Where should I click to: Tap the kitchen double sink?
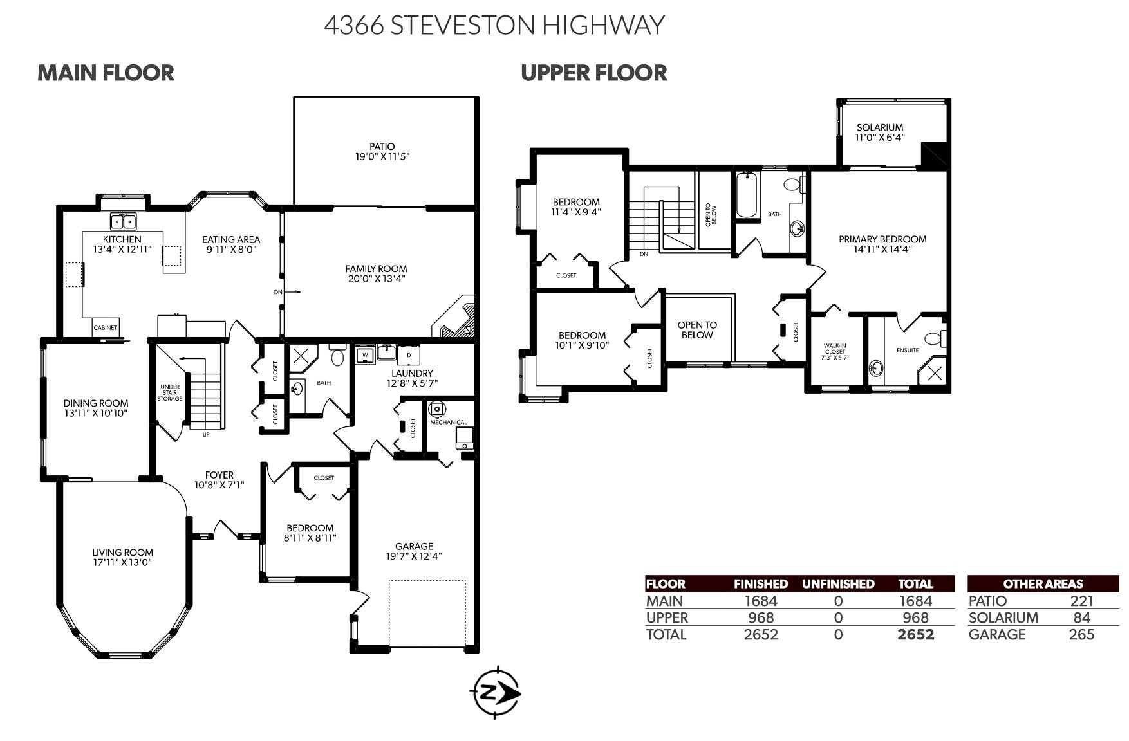123,221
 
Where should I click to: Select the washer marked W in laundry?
365,355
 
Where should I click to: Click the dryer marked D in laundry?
408,355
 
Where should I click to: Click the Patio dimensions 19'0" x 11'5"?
382,156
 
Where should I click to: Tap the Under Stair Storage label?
170,393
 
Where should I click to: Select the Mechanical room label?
449,423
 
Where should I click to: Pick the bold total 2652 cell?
915,634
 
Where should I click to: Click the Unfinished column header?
837,584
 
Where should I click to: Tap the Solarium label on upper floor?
879,127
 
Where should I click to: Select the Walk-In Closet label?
835,349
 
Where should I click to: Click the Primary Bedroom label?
882,239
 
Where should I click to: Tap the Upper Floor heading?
593,73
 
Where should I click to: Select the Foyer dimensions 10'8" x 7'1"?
219,486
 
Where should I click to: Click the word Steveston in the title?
462,25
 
